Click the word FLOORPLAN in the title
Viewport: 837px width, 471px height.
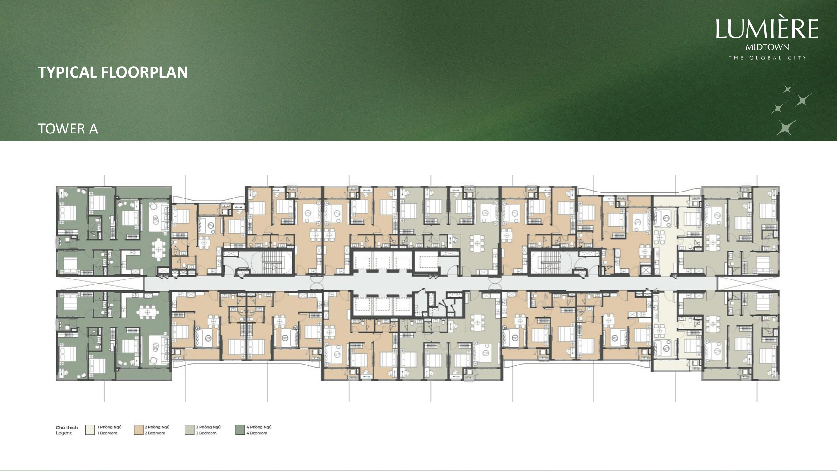click(144, 72)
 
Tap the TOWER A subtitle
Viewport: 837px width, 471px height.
click(68, 129)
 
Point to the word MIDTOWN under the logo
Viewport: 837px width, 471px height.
click(767, 47)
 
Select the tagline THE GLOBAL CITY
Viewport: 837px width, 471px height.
click(767, 58)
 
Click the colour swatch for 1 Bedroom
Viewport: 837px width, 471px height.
click(90, 430)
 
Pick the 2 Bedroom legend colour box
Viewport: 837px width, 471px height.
click(139, 430)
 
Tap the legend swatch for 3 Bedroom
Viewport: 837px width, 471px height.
click(190, 430)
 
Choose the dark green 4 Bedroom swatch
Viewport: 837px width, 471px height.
click(240, 430)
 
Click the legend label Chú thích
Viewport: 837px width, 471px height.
click(67, 427)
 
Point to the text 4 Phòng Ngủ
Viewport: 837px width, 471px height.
click(259, 427)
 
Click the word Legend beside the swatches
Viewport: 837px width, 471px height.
click(64, 433)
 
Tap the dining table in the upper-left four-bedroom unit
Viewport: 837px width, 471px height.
click(158, 250)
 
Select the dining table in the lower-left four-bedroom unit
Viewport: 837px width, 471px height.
click(148, 312)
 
